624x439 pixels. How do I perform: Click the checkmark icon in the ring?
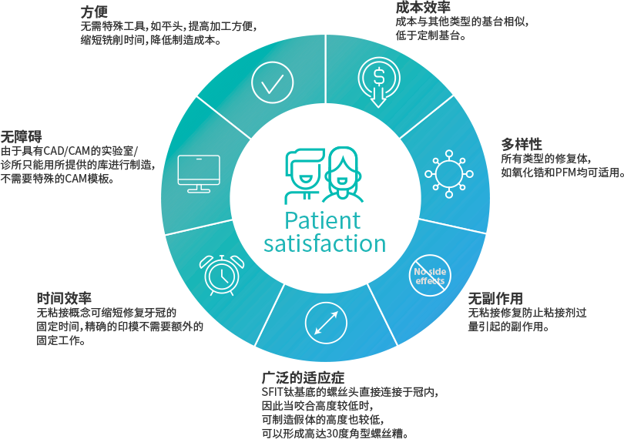click(x=272, y=82)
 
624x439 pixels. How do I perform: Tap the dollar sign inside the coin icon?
click(x=377, y=76)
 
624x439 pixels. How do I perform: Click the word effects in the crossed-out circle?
click(x=430, y=281)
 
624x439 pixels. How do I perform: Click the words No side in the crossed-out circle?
click(x=430, y=272)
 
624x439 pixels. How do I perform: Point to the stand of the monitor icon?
click(x=199, y=188)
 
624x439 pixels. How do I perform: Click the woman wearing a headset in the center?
click(x=341, y=176)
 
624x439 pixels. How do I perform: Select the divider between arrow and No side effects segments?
click(x=381, y=316)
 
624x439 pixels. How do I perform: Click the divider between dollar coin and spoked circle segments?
click(x=425, y=116)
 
